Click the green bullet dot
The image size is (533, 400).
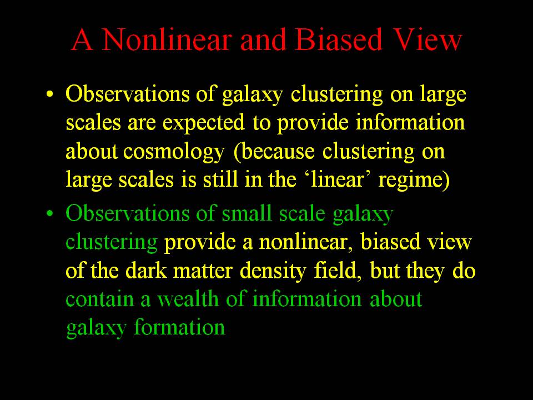click(50, 213)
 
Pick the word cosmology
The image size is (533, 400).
click(174, 152)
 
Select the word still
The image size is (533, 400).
click(220, 179)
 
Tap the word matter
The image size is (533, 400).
click(203, 271)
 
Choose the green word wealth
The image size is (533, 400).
click(188, 299)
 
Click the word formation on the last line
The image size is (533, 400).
click(179, 327)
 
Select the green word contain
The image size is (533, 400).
click(99, 299)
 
